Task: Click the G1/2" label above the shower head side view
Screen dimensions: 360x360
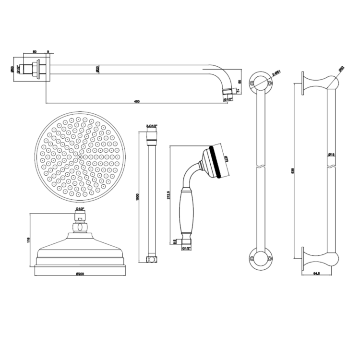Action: click(80, 210)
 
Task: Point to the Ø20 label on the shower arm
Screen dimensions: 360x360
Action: click(97, 70)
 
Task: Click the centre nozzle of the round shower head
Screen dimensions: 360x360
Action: click(79, 156)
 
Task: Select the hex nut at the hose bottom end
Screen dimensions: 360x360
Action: click(151, 260)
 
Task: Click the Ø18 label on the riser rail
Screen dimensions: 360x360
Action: click(332, 155)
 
